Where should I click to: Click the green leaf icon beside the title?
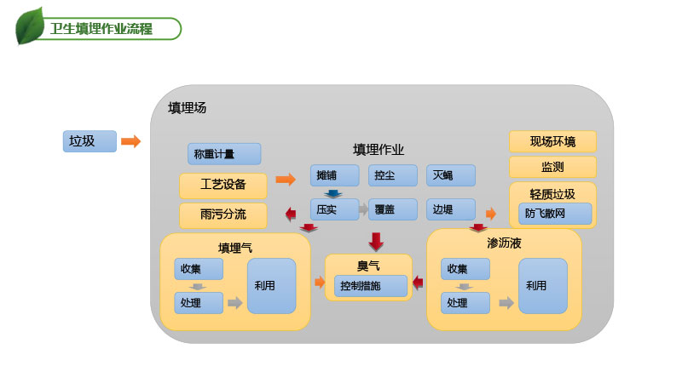pyautogui.click(x=31, y=26)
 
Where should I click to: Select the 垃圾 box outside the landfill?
pyautogui.click(x=89, y=141)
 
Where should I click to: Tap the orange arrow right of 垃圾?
pyautogui.click(x=130, y=141)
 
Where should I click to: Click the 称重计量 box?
pyautogui.click(x=223, y=154)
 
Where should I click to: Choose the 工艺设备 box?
pyautogui.click(x=223, y=185)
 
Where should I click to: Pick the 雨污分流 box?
pyautogui.click(x=223, y=214)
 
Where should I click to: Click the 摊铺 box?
pyautogui.click(x=334, y=175)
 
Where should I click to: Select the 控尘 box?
pyautogui.click(x=392, y=175)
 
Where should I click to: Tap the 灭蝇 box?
pyautogui.click(x=450, y=175)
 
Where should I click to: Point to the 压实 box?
pyautogui.click(x=334, y=209)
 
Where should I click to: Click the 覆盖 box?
pyautogui.click(x=392, y=209)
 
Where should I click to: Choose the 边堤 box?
pyautogui.click(x=450, y=209)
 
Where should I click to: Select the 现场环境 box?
pyautogui.click(x=552, y=141)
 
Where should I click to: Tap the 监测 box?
pyautogui.click(x=552, y=167)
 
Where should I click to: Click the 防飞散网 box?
pyautogui.click(x=554, y=213)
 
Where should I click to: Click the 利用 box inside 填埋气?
pyautogui.click(x=271, y=286)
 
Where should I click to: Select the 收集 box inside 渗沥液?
pyautogui.click(x=465, y=269)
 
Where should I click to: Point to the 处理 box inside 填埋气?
pyautogui.click(x=199, y=303)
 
